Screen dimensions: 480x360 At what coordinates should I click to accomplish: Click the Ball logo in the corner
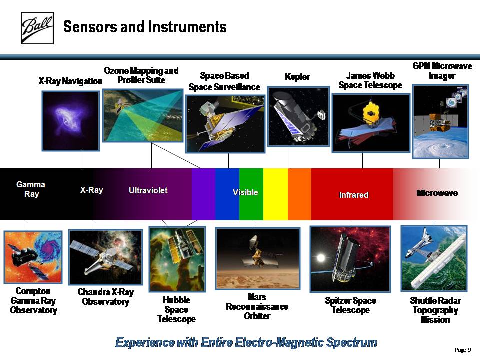point(37,28)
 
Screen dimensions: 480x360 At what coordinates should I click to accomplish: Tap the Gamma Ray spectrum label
point(31,189)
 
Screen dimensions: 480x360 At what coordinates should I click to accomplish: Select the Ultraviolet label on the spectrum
point(148,190)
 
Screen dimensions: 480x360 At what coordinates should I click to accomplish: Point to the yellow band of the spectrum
point(275,194)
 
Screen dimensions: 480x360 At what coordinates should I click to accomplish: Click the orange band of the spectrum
point(299,194)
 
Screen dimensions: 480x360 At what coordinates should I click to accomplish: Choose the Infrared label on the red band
point(354,195)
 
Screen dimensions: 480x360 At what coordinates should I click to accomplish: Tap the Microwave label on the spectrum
point(437,193)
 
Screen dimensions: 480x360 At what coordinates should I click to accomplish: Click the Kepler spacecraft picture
point(298,117)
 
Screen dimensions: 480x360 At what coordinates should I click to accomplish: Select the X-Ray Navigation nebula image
point(71,121)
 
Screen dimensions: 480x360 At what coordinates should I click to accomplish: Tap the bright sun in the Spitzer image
point(321,258)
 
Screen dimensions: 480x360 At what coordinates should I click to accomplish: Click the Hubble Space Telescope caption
point(176,310)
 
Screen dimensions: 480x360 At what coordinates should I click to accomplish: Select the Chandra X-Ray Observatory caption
point(106,297)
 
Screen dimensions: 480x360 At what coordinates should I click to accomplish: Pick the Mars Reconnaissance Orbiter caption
point(257,306)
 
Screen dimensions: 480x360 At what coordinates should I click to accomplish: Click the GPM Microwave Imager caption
point(442,71)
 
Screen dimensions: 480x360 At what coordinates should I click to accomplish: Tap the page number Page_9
point(463,350)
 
